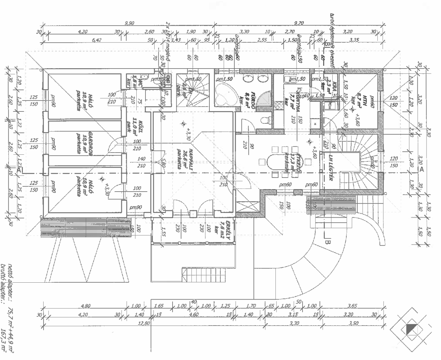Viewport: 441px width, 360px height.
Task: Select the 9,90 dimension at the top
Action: pos(129,23)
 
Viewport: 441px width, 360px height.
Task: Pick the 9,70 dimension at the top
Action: pos(299,23)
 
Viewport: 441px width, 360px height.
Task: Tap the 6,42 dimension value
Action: pos(96,40)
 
